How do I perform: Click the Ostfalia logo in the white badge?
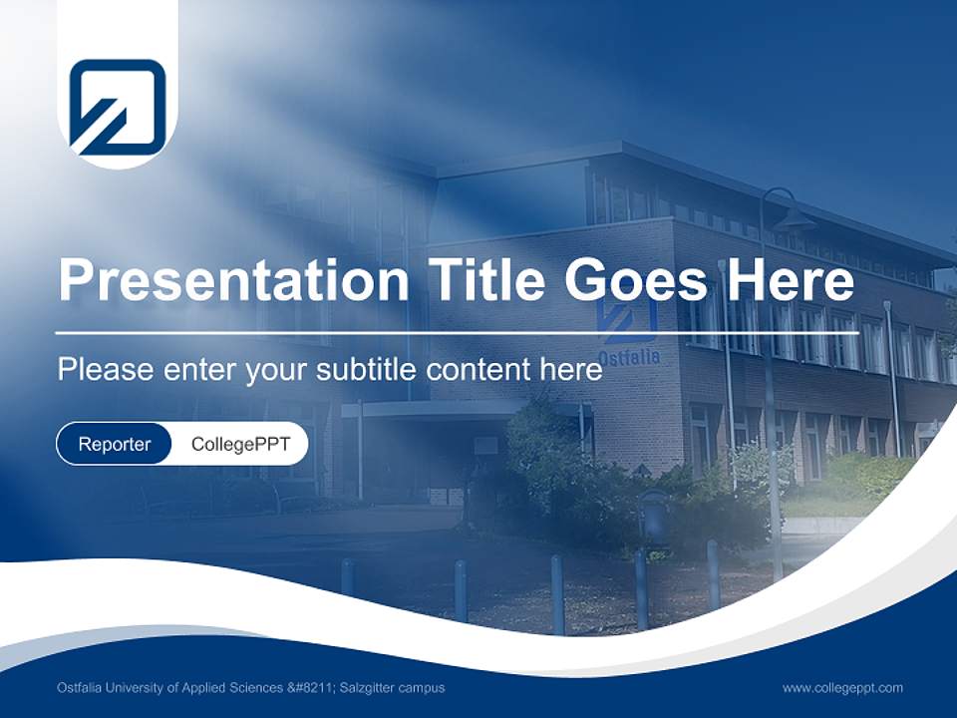(117, 107)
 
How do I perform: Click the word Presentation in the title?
(233, 280)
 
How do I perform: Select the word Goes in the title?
(635, 280)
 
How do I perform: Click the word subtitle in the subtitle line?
(370, 370)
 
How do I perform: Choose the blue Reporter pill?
(115, 444)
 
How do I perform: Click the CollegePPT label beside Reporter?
(240, 444)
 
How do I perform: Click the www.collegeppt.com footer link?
(842, 688)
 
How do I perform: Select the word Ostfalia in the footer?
(79, 688)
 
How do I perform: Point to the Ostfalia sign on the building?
(628, 356)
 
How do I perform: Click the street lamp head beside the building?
(794, 217)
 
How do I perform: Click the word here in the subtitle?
(571, 370)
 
